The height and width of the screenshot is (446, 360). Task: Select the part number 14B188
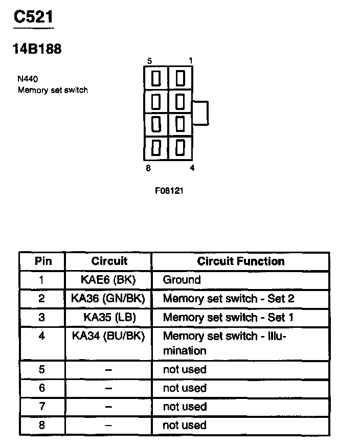tap(36, 49)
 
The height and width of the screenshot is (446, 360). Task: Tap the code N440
tap(28, 79)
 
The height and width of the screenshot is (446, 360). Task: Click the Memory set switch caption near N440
tap(53, 90)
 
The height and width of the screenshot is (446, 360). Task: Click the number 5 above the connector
tap(149, 61)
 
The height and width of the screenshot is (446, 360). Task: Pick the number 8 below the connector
tap(149, 167)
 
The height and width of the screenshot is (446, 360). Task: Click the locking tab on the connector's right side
tap(200, 113)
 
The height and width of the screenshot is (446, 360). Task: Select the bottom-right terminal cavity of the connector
tap(179, 147)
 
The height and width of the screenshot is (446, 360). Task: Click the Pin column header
tap(43, 261)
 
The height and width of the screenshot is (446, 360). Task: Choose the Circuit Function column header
tap(240, 261)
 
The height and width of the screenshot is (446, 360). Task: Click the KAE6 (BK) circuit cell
tap(109, 280)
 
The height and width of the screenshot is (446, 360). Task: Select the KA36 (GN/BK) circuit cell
tap(109, 298)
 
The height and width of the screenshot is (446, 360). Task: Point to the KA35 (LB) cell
tap(109, 317)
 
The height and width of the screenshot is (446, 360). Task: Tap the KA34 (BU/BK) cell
tap(109, 336)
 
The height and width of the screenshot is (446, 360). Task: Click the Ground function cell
tap(182, 280)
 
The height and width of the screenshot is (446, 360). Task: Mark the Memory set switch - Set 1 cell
tap(228, 317)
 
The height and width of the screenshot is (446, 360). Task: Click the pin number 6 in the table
tap(42, 388)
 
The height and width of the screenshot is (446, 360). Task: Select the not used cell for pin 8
tap(184, 425)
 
